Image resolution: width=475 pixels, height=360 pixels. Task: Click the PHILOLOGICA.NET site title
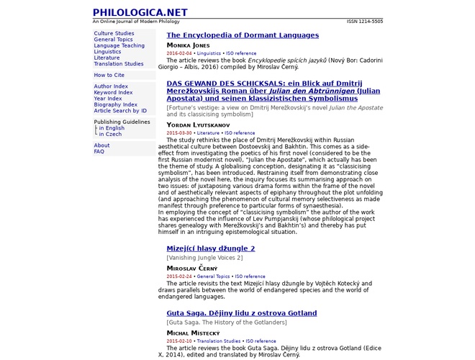tap(140, 12)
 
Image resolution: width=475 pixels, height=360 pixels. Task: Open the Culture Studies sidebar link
tap(114, 33)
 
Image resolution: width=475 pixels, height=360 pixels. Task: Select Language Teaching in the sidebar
tap(119, 45)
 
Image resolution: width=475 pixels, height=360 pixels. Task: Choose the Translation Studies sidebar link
tap(118, 64)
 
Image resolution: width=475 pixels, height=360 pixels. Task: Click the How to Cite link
tap(109, 75)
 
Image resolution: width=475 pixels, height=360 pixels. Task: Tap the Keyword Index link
tap(113, 92)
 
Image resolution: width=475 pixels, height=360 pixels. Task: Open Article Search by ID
tap(120, 111)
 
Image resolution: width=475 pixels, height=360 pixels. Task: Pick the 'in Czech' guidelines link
tap(110, 134)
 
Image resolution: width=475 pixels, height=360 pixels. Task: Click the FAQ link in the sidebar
tap(99, 152)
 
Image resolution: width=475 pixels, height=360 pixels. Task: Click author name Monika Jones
tap(189, 45)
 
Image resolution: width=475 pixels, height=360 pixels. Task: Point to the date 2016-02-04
tap(179, 53)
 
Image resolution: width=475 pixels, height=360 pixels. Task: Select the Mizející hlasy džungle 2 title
tap(211, 248)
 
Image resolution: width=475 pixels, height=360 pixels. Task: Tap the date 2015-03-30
tap(179, 133)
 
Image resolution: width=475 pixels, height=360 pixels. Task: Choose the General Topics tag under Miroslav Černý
tap(212, 276)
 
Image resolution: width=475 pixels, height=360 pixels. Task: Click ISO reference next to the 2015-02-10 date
tap(261, 341)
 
